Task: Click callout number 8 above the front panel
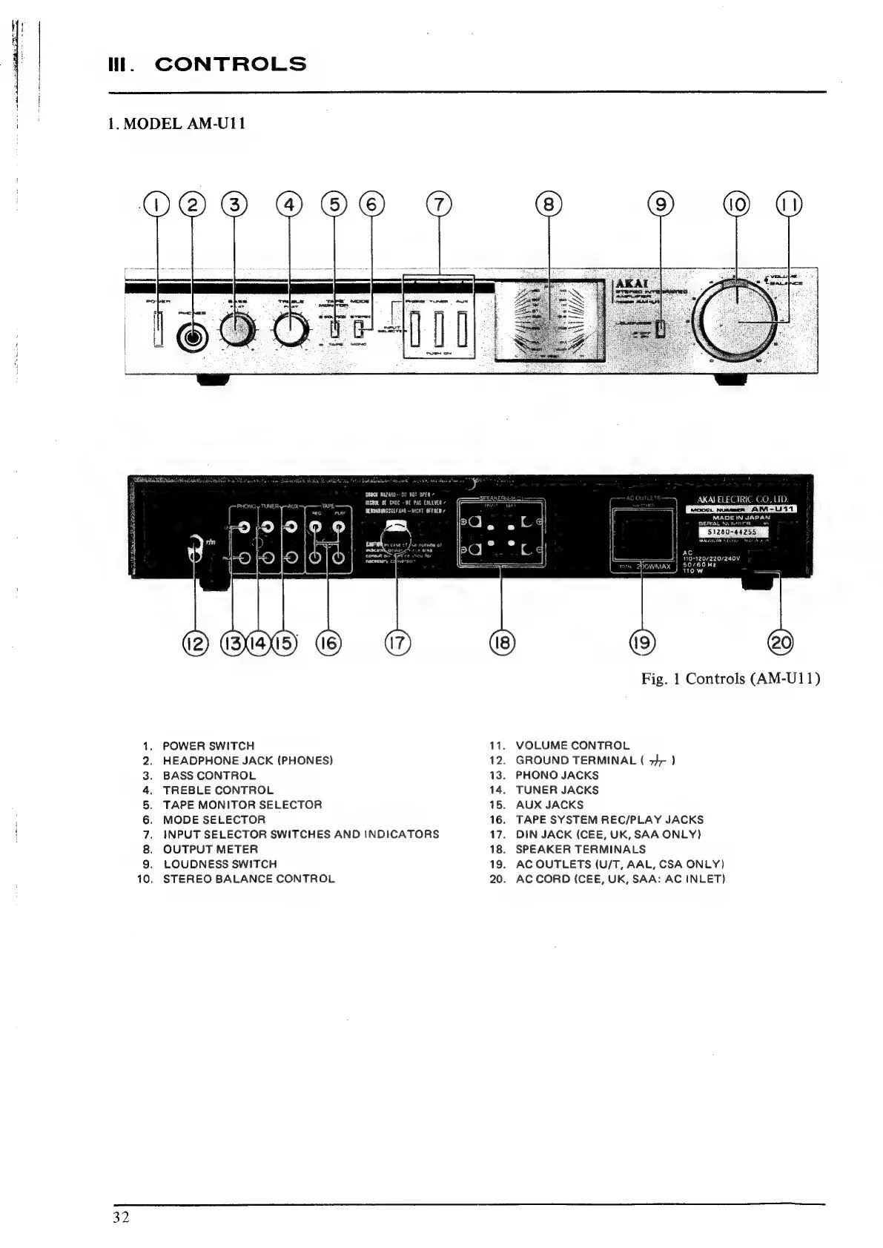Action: (x=548, y=204)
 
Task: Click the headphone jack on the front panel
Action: (x=193, y=337)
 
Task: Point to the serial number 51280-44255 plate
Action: (x=732, y=530)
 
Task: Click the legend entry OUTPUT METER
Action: (x=211, y=849)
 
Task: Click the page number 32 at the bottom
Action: (x=122, y=1218)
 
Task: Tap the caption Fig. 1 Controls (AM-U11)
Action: (x=731, y=679)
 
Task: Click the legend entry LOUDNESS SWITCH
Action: (x=219, y=864)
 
